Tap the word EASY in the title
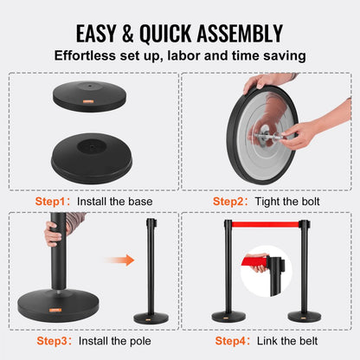pyautogui.click(x=102, y=34)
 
